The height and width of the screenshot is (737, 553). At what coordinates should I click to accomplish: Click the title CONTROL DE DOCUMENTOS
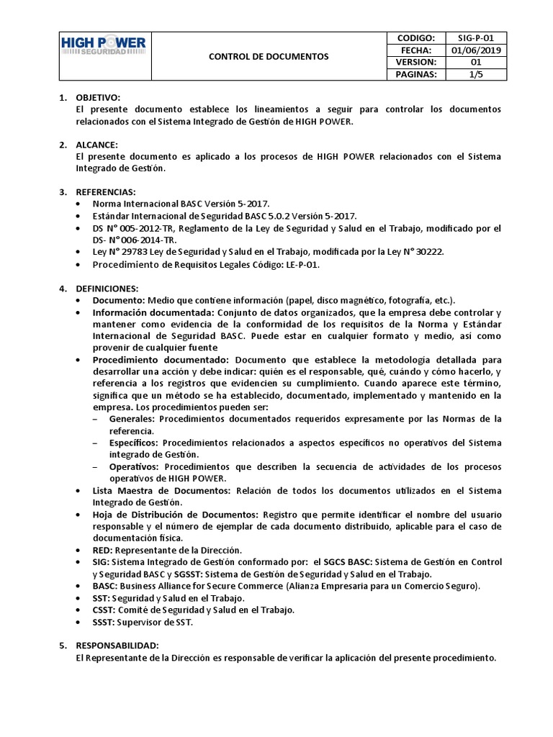(x=269, y=55)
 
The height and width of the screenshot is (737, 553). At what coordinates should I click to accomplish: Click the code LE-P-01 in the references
(x=300, y=264)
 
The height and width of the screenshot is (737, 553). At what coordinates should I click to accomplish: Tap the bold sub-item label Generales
(x=132, y=418)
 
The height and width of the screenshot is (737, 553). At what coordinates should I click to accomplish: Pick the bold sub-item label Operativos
(x=133, y=466)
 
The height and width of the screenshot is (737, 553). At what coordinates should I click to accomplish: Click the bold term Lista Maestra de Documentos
(x=161, y=490)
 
